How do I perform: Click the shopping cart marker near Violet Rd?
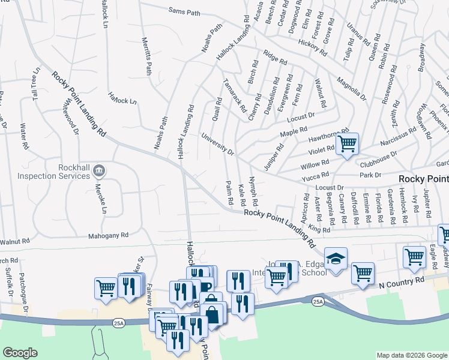point(347,144)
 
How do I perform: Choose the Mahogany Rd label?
point(109,236)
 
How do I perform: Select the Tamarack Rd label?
point(234,95)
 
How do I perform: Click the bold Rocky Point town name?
point(424,179)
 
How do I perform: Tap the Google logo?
point(20,353)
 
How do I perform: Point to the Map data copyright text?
point(411,355)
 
